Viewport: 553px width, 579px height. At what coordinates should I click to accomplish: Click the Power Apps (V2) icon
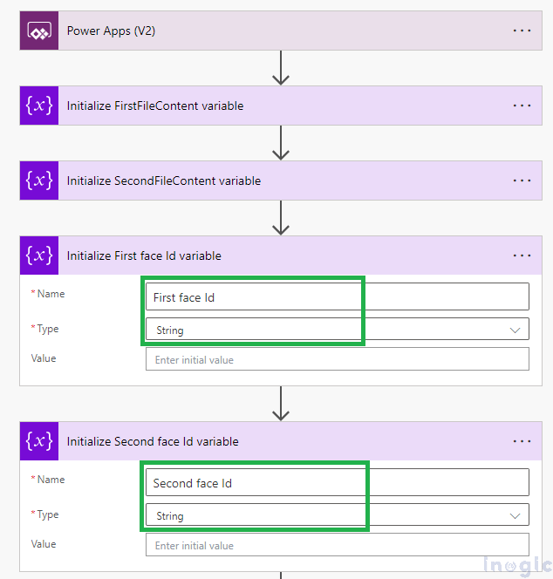pos(39,31)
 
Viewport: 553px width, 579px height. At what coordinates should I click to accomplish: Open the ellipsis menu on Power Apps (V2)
pos(522,31)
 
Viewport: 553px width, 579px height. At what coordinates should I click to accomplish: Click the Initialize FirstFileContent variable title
pos(155,106)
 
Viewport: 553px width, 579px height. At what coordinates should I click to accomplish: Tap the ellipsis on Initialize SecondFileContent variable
pos(522,181)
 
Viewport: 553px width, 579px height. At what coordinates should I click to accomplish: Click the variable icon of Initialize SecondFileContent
pos(39,181)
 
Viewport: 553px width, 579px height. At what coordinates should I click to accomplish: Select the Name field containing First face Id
pos(337,297)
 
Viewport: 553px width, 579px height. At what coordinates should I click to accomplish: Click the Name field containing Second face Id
pos(337,483)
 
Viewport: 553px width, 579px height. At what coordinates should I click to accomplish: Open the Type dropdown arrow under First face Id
pos(515,330)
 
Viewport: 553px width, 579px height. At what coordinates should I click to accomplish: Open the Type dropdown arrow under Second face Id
pos(515,515)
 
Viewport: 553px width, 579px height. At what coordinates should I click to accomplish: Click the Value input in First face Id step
pos(337,359)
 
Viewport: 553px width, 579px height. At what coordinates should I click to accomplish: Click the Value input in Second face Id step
pos(337,545)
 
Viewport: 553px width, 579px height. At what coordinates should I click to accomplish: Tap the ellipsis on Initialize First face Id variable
pos(522,255)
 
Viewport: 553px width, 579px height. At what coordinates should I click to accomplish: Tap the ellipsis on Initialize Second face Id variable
pos(522,441)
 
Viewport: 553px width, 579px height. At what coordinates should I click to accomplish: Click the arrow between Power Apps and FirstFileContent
pos(280,68)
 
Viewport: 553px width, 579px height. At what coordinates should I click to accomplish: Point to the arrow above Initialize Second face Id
pos(280,404)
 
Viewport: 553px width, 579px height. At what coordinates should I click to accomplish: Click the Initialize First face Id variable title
pos(144,255)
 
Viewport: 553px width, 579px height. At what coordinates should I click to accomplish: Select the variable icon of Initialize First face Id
pos(39,255)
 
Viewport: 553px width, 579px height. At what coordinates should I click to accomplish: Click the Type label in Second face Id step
pos(47,514)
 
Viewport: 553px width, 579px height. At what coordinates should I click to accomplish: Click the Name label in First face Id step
pos(50,294)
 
